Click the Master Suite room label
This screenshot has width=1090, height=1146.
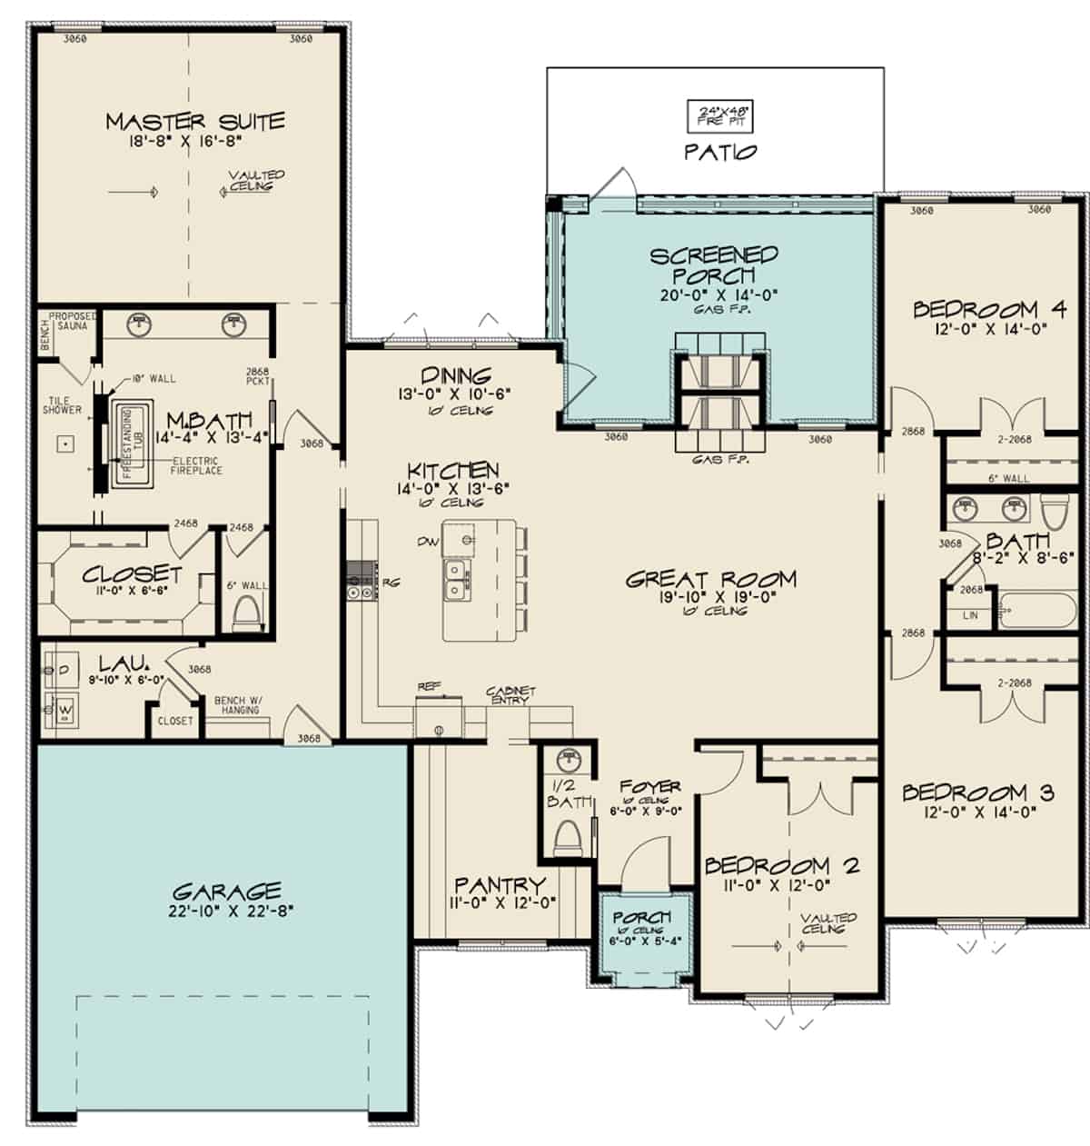point(194,121)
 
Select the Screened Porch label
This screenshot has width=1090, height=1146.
point(714,265)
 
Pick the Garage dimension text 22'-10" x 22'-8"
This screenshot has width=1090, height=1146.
point(226,912)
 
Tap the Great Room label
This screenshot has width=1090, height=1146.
point(710,579)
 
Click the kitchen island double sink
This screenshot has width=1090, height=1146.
point(455,580)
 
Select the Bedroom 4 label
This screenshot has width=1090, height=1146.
point(988,310)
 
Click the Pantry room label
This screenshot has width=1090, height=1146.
point(500,884)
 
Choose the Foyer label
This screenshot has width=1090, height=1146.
point(649,786)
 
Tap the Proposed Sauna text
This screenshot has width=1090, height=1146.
point(72,321)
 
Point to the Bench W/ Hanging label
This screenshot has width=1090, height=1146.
point(238,704)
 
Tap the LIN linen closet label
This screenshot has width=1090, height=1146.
point(970,615)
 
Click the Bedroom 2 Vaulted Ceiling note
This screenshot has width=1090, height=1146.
point(828,923)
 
